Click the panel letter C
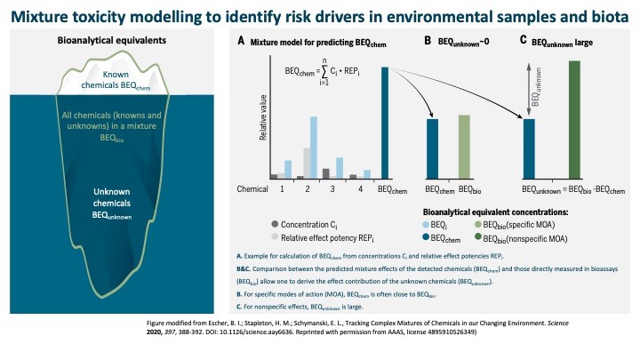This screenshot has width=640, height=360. (x=523, y=42)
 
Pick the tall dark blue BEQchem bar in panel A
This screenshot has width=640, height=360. (x=385, y=124)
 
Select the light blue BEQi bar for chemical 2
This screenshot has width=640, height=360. (x=314, y=148)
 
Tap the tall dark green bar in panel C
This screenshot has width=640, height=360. (x=574, y=120)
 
